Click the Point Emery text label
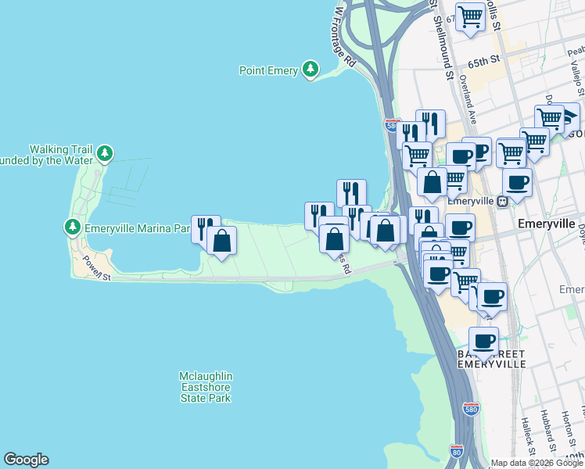[x=268, y=71]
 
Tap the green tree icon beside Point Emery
[x=311, y=70]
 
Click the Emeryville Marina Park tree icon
[x=72, y=227]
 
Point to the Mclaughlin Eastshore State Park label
[x=206, y=387]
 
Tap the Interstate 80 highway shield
[x=457, y=451]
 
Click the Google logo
[x=26, y=460]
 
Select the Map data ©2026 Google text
[x=537, y=463]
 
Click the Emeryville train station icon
[x=505, y=201]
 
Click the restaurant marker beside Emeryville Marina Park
[x=205, y=228]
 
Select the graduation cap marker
[x=569, y=117]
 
